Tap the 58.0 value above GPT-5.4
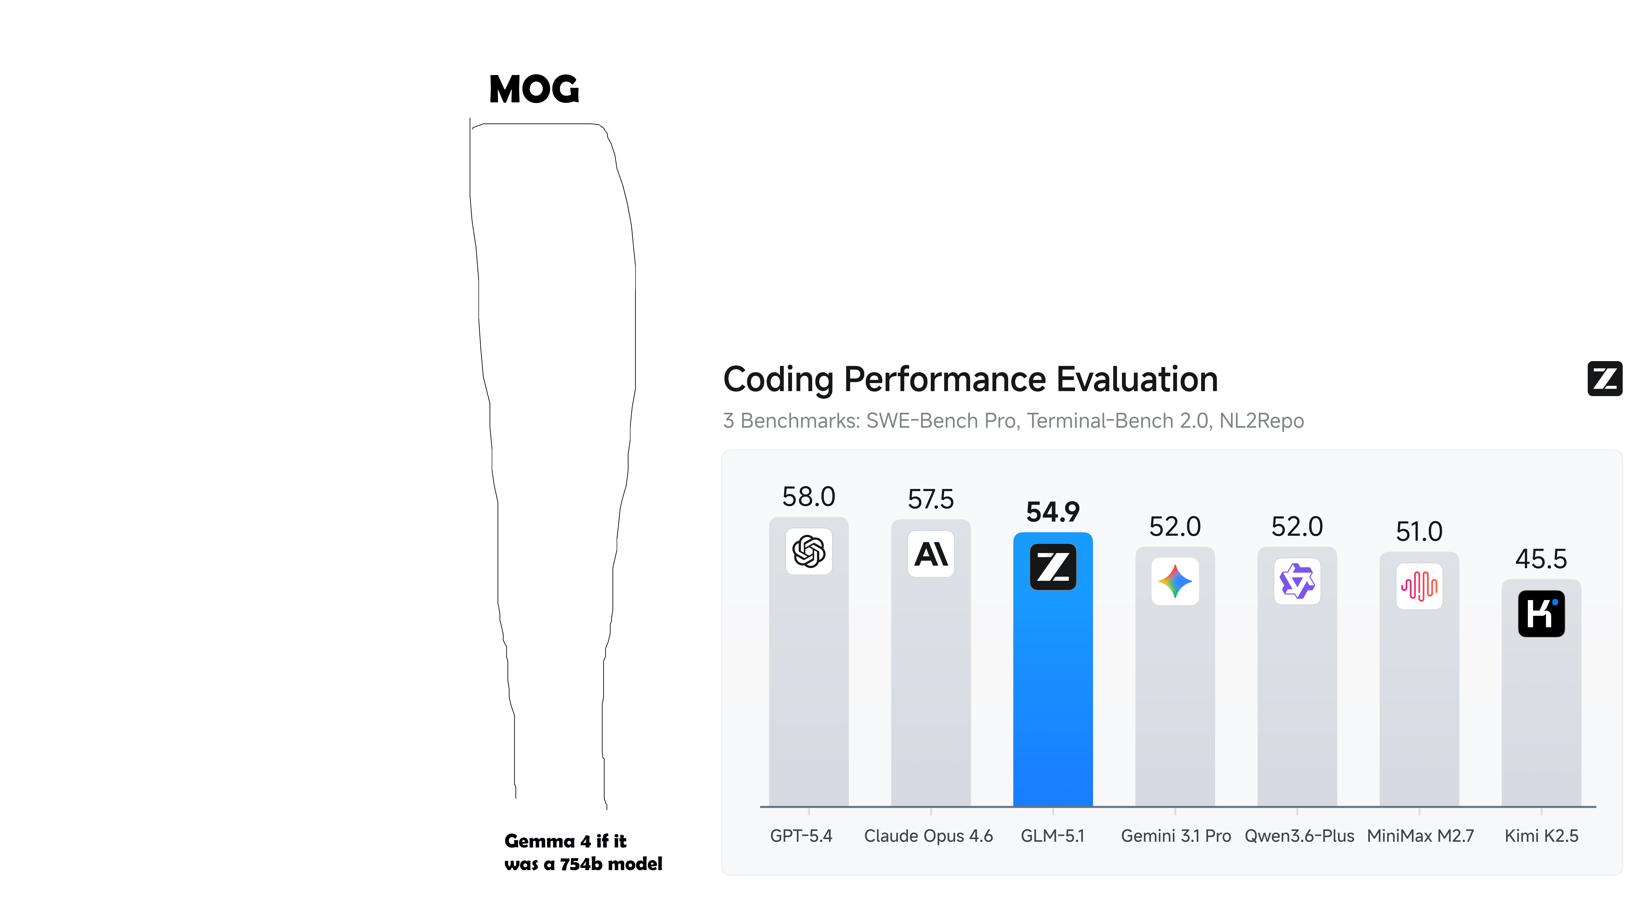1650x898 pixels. (808, 497)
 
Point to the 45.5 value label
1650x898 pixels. (1541, 559)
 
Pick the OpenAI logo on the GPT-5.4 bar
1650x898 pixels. (808, 552)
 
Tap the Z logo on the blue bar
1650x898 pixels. (1052, 567)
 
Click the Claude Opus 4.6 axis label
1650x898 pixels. (928, 836)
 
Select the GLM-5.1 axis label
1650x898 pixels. (1052, 836)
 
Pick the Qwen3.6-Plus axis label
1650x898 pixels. (1299, 836)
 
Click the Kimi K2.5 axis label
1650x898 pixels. (1541, 836)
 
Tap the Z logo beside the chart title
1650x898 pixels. (1604, 379)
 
